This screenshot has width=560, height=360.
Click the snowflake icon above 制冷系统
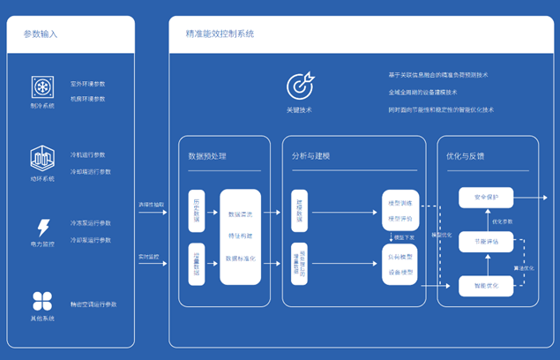tap(41, 87)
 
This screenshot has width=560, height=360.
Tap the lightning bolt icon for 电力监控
tap(41, 228)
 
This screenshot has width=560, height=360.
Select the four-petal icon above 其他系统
tap(41, 300)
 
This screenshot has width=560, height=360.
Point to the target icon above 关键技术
tap(299, 86)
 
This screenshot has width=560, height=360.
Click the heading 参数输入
tap(41, 34)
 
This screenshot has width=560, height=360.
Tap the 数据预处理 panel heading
tap(207, 156)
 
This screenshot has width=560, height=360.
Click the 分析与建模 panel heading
tap(314, 156)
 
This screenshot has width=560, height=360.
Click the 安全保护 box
tap(486, 198)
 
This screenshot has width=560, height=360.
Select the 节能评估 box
tap(486, 241)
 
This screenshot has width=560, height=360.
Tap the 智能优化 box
tap(486, 285)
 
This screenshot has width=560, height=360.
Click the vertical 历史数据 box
tap(198, 210)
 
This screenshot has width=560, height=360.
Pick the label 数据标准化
tap(242, 259)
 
